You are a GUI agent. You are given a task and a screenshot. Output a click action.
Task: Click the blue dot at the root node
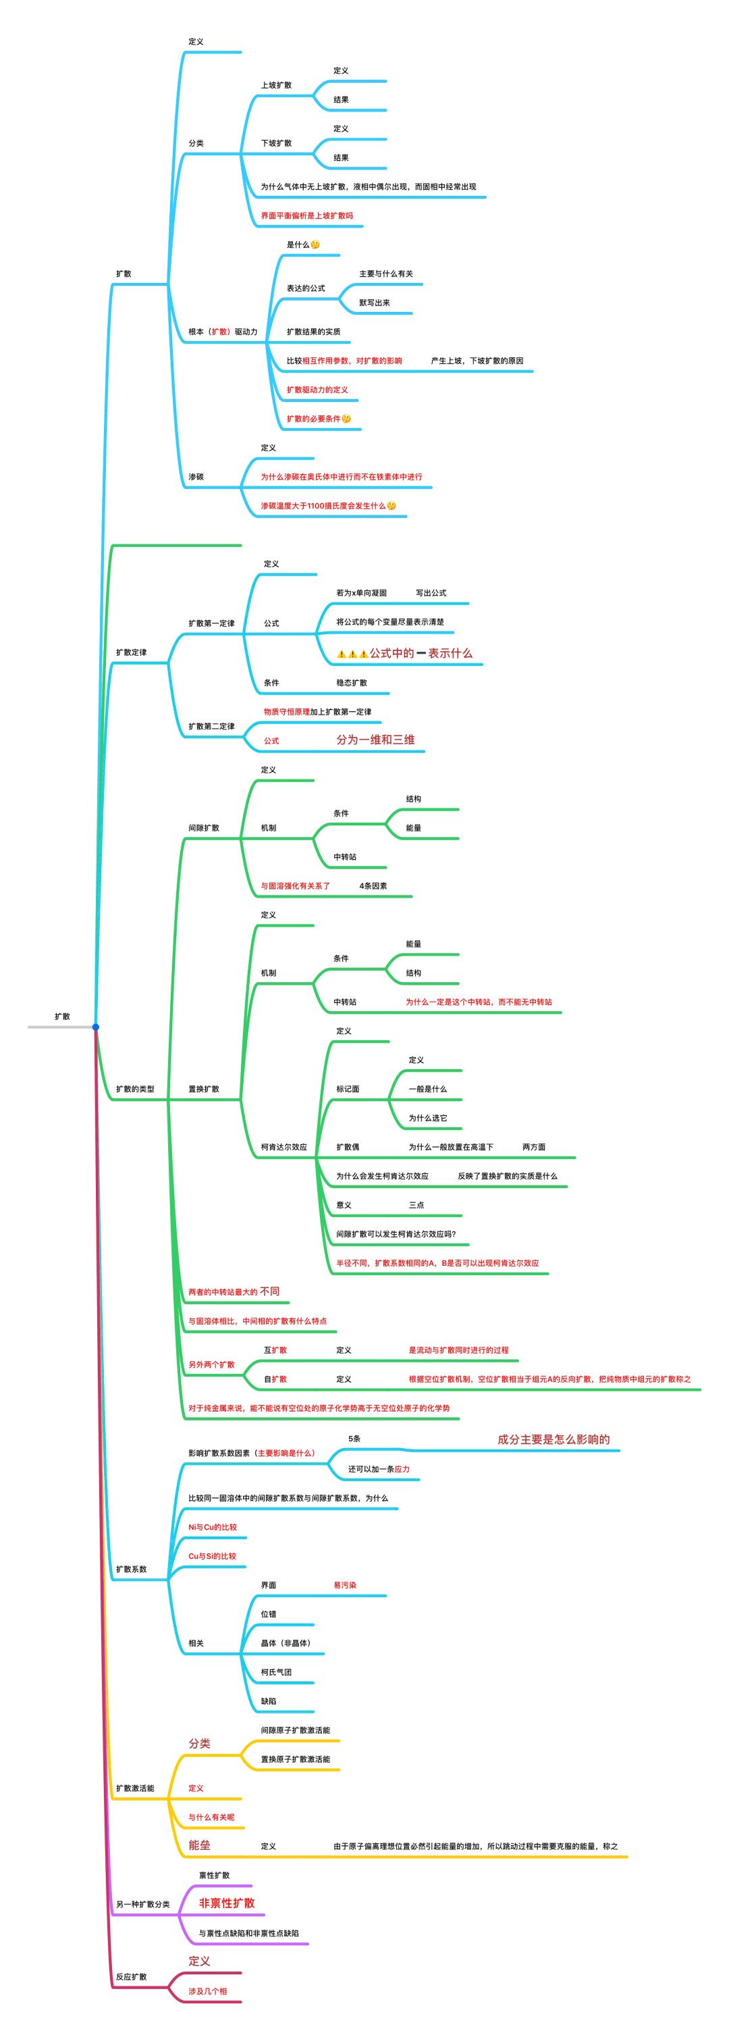95,1027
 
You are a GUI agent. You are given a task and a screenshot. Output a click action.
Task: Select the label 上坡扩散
276,85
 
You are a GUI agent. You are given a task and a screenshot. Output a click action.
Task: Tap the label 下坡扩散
276,143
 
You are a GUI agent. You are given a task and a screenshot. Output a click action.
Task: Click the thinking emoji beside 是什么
315,245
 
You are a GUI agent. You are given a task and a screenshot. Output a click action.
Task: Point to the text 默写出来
375,303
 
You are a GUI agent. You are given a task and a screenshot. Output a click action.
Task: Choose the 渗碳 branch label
196,477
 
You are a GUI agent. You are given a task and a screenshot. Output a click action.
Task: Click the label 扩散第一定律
211,623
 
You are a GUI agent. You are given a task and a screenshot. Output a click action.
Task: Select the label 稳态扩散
352,683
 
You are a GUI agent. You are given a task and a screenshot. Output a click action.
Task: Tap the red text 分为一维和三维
375,740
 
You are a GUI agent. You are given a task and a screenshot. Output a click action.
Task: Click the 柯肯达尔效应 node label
283,1147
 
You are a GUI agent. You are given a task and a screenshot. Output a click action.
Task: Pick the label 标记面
348,1089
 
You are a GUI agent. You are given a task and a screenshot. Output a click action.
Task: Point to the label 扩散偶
348,1147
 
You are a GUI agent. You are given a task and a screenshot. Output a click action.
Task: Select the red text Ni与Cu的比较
212,1527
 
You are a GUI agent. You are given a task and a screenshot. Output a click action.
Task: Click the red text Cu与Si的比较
212,1556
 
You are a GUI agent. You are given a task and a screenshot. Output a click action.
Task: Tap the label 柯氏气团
276,1672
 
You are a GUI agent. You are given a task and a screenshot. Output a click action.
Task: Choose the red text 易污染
344,1585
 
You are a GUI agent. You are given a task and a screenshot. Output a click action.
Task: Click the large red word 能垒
199,1845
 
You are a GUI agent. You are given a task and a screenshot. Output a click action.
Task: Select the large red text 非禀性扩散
226,1903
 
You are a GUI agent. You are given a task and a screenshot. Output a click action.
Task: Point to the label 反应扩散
131,1976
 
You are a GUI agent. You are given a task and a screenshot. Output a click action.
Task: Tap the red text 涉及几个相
207,1990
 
